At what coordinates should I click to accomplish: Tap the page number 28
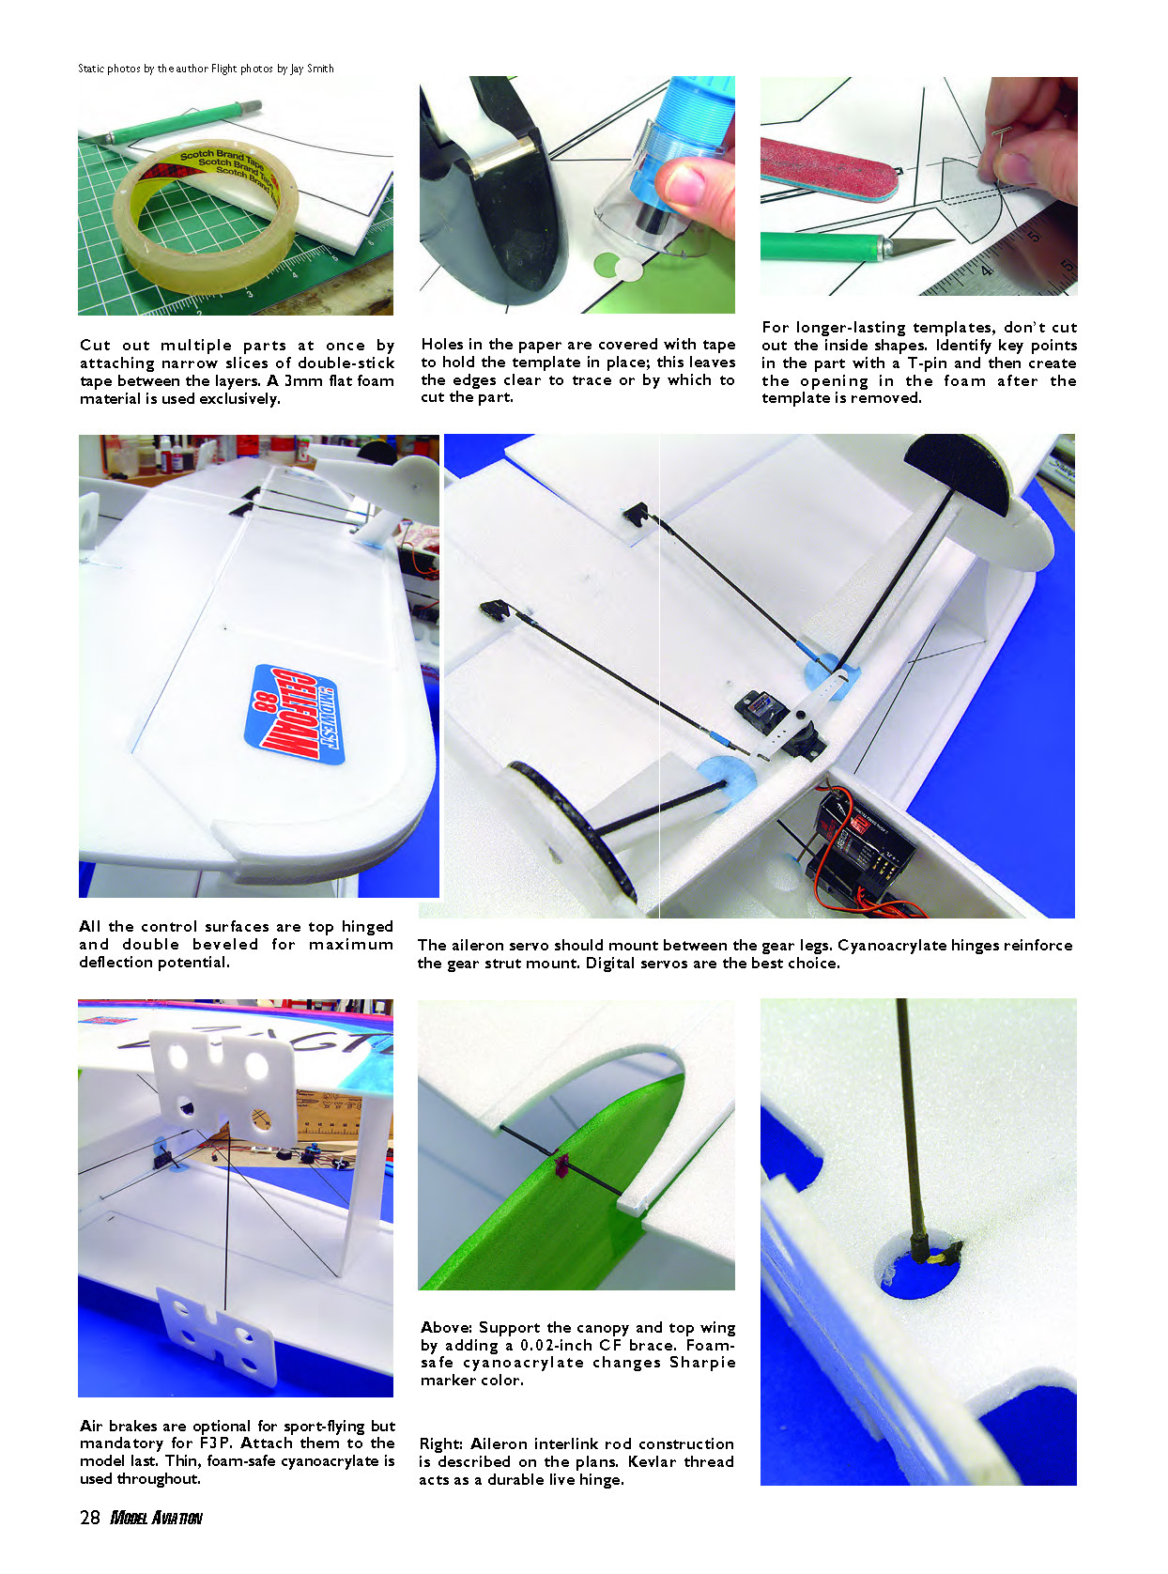point(89,1518)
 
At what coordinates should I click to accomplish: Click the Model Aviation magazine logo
point(156,1518)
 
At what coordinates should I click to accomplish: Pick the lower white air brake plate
point(217,1326)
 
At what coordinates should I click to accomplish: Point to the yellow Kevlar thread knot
point(937,1258)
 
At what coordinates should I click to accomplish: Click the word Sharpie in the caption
point(701,1364)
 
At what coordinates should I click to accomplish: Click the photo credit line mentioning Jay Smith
point(206,69)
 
